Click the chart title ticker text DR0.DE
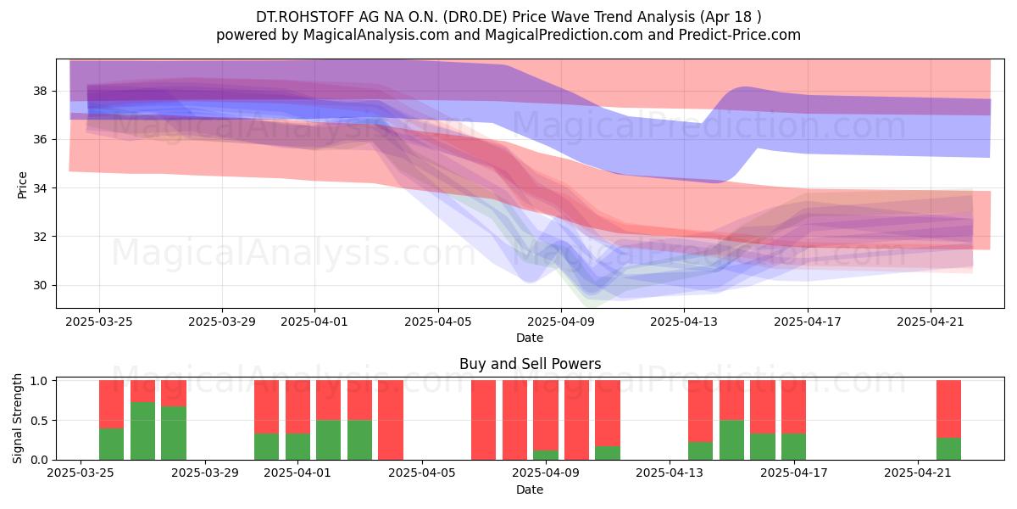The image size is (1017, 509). (x=475, y=17)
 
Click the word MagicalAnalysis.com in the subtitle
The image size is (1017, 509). (x=376, y=35)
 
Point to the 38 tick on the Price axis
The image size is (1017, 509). (x=40, y=92)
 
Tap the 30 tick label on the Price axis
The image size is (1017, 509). (x=40, y=285)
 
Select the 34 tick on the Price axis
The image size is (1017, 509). (x=40, y=188)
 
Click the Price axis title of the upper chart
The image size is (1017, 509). (x=22, y=185)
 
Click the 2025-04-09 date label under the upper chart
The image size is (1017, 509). (x=561, y=322)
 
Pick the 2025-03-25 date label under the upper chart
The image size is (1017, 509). (x=99, y=322)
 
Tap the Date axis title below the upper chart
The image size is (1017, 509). (x=530, y=338)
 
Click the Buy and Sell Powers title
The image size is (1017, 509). (x=530, y=364)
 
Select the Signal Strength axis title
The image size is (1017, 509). (x=17, y=418)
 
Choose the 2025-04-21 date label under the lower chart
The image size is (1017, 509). (x=918, y=473)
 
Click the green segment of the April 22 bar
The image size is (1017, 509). (x=949, y=449)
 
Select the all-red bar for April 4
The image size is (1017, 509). (x=391, y=420)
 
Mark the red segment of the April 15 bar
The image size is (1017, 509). (x=732, y=400)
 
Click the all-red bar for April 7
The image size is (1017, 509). (x=484, y=420)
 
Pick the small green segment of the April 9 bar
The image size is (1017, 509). (x=546, y=455)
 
